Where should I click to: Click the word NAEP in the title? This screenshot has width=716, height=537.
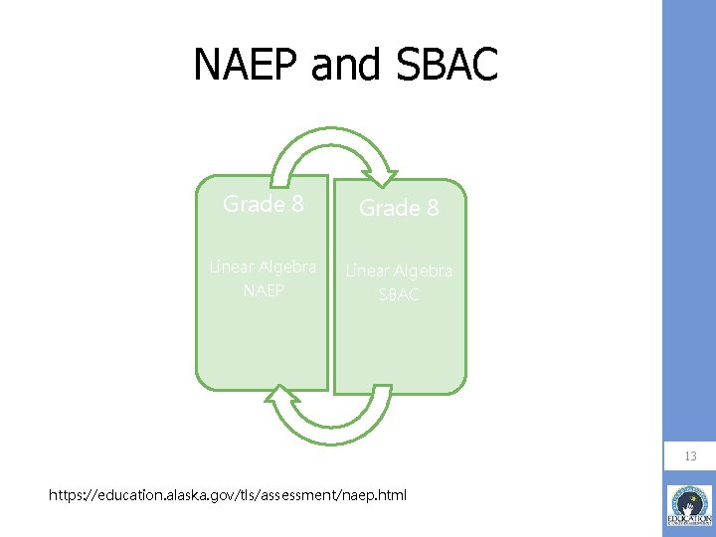[246, 66]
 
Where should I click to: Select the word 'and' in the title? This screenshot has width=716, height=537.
[344, 66]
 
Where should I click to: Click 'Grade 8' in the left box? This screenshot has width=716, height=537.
[264, 204]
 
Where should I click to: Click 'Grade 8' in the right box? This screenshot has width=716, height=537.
[399, 208]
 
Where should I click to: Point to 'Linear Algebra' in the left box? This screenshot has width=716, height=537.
[263, 267]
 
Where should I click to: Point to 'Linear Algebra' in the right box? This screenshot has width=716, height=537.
[399, 270]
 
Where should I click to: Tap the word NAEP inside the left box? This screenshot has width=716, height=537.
[264, 290]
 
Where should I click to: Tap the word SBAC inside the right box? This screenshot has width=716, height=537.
[399, 294]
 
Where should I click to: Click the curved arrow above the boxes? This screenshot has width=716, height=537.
[333, 149]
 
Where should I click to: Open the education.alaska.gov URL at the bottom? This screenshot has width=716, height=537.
[229, 494]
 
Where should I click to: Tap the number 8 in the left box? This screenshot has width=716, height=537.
[296, 204]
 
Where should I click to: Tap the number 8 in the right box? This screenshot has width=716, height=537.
[432, 208]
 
